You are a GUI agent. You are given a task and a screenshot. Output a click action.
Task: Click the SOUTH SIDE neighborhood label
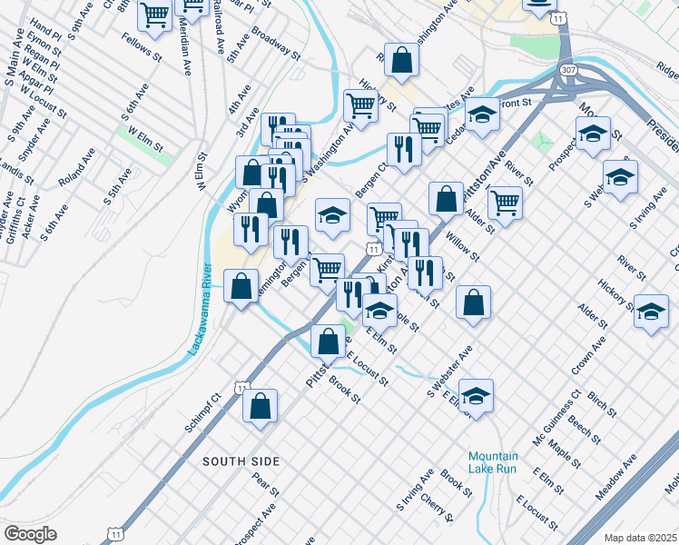coord(238,461)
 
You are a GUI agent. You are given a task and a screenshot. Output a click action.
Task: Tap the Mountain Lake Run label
coord(493,462)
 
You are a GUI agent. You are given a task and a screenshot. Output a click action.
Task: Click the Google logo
coord(30,533)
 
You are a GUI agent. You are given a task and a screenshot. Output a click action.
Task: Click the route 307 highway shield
coord(566,69)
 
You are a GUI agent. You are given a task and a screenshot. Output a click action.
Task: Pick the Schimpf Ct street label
coord(202,412)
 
